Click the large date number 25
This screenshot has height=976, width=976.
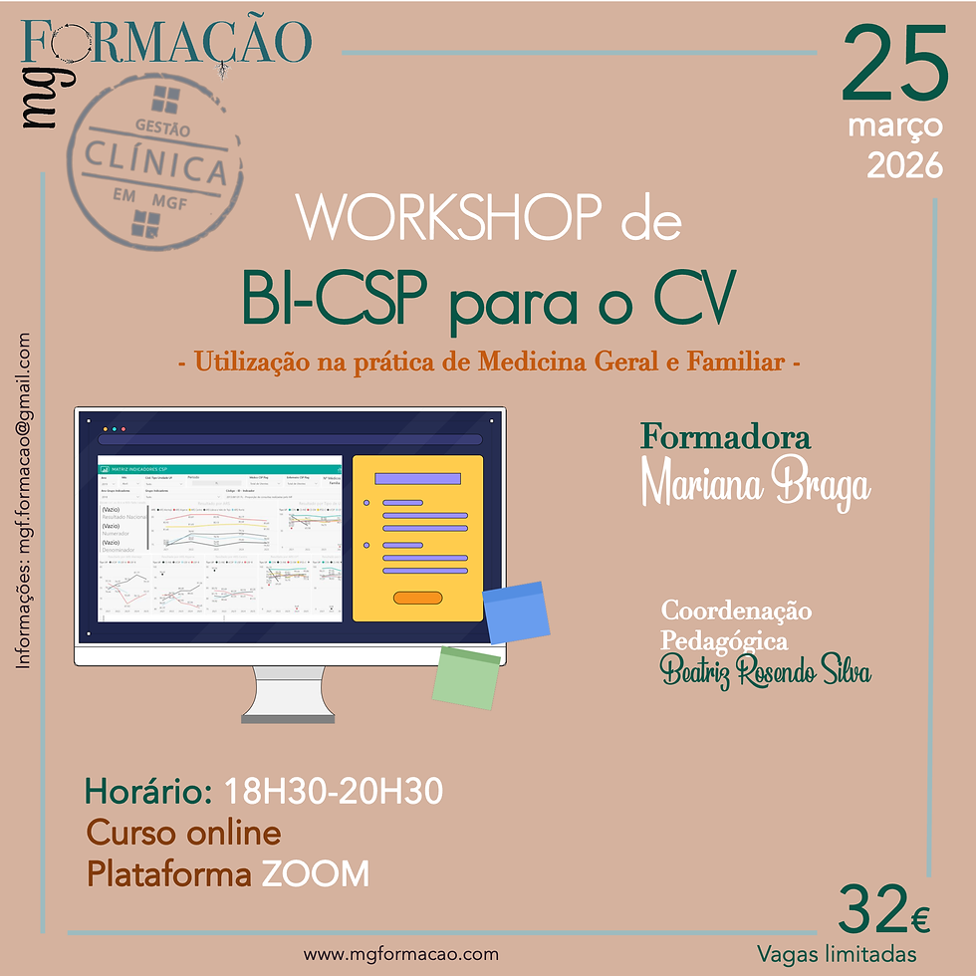[894, 66]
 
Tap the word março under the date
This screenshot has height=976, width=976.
[895, 126]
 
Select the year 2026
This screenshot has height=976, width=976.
[904, 164]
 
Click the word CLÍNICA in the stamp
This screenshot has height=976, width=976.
[154, 162]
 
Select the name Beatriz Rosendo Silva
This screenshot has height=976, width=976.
[766, 673]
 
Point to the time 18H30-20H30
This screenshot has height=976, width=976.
[335, 793]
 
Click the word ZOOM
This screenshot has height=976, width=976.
[316, 874]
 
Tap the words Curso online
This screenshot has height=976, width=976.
[184, 833]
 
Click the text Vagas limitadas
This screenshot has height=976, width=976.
[837, 954]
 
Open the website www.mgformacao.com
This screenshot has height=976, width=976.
[401, 953]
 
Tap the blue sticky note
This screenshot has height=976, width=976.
[517, 611]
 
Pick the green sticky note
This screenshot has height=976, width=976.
[467, 677]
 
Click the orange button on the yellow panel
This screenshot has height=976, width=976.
[417, 598]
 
